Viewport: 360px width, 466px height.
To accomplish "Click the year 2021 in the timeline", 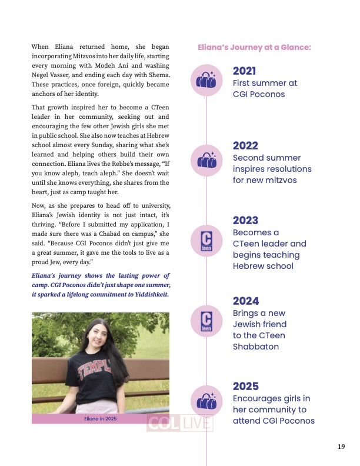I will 244,71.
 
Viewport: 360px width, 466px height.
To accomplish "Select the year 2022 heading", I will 245,146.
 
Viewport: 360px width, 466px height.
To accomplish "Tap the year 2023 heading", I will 245,221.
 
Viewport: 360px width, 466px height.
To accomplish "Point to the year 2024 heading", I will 245,301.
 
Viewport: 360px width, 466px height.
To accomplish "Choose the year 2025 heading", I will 245,387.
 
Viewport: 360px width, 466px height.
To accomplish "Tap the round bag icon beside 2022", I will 206,159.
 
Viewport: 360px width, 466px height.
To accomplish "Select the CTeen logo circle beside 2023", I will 206,242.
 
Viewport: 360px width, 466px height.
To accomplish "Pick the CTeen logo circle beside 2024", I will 206,321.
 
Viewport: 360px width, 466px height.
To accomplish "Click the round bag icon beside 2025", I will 206,402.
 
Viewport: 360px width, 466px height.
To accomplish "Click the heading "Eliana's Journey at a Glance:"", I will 254,46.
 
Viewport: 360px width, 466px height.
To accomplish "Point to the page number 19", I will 341,447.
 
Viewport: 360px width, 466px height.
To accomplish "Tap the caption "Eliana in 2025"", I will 101,419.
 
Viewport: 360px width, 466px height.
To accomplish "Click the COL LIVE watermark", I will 179,424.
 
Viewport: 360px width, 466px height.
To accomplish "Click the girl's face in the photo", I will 99,339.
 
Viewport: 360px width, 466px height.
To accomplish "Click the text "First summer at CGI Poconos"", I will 265,88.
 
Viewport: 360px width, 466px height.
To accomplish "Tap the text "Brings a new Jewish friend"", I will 259,319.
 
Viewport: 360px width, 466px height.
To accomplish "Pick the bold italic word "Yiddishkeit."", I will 146,294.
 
